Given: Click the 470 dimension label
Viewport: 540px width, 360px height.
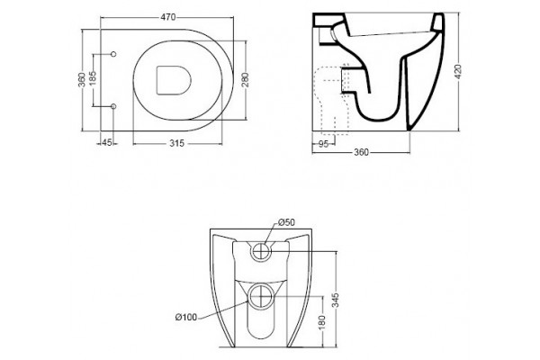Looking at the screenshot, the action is pos(168,17).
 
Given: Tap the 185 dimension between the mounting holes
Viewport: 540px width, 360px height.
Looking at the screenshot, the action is pos(93,78).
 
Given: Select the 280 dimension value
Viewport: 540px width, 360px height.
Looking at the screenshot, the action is pos(246,80).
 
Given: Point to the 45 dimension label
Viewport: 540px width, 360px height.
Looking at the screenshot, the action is pos(107,142).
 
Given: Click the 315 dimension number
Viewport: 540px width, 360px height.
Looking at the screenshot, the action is pos(177,143).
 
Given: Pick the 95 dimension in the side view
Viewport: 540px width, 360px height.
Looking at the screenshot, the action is pos(323,144).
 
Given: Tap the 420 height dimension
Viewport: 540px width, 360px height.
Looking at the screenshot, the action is pos(458,72).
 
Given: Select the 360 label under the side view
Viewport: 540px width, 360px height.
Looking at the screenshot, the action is pos(361,152).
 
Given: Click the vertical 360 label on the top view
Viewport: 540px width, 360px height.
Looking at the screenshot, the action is pos(82,79).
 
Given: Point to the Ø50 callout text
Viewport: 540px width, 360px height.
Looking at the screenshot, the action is pos(286,222).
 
